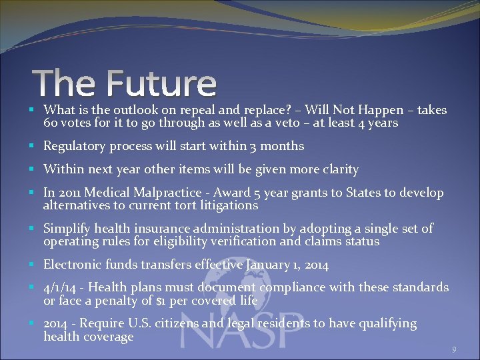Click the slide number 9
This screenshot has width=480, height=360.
point(454,349)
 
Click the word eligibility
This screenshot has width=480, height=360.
point(221,241)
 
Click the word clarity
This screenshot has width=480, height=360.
point(337,169)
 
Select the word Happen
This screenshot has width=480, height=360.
point(381,110)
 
